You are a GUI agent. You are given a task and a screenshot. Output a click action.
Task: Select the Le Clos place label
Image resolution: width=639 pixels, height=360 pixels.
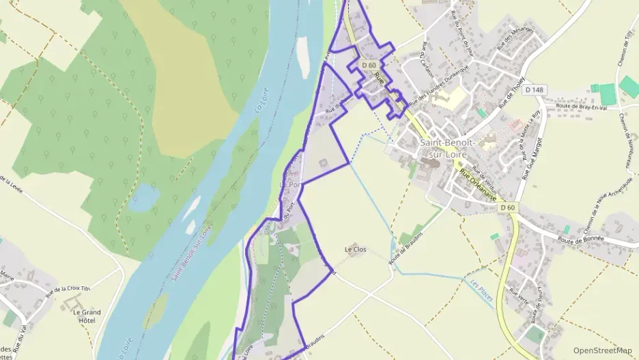(356, 249)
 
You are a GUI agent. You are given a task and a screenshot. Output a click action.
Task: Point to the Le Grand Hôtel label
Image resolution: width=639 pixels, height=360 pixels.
(87, 316)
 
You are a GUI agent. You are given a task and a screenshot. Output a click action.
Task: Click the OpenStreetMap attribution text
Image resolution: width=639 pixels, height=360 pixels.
(602, 350)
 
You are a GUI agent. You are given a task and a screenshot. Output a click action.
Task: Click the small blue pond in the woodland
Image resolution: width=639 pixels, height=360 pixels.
(145, 197)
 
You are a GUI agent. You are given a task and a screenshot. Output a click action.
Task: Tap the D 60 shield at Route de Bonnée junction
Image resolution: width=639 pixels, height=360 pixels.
(507, 207)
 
